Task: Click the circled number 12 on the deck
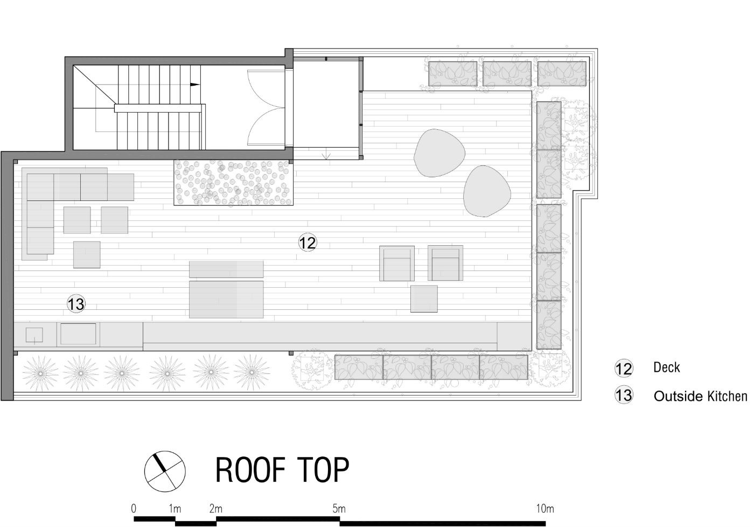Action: point(308,242)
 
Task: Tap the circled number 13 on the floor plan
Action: point(76,304)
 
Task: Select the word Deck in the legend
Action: point(666,367)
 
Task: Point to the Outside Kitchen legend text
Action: point(700,397)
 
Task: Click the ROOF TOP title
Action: point(282,470)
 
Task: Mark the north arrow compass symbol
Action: point(165,470)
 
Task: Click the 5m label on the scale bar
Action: point(338,508)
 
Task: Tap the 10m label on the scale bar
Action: point(544,508)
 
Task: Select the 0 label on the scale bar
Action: point(133,508)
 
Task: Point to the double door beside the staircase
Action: point(265,108)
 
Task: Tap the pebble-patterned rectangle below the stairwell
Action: point(234,182)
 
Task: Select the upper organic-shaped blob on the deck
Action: point(439,153)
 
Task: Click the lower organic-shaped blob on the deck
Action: point(487,191)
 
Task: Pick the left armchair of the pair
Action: point(397,263)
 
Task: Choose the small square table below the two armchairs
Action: point(424,299)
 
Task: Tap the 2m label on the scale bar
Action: point(215,508)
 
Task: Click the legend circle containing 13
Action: point(624,396)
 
